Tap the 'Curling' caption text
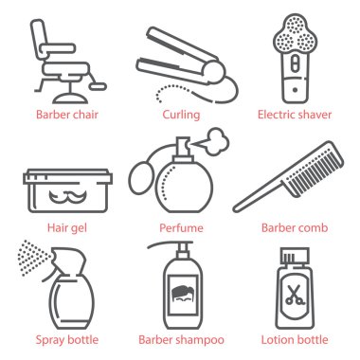coord(180,116)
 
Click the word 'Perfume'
coord(180,227)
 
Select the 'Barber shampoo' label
coord(180,339)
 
